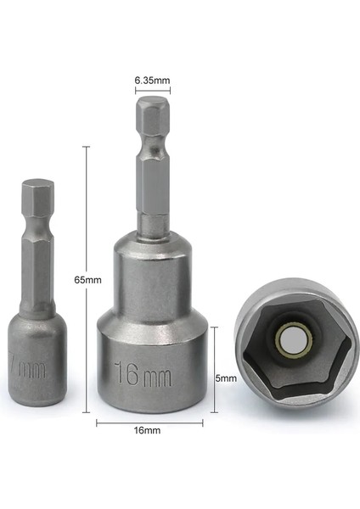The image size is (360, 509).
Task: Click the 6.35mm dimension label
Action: tap(153, 81)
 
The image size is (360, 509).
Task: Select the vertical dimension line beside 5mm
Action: tap(216, 369)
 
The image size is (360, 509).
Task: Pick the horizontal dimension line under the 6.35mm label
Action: tap(153, 89)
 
